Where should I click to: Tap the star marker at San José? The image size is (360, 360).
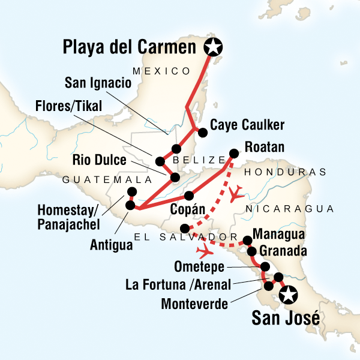[289, 295]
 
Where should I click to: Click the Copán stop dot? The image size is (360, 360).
[189, 195]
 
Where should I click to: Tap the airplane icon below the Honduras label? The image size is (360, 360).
[237, 193]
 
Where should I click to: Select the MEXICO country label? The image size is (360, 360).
[161, 71]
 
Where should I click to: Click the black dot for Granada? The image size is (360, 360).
[253, 251]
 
